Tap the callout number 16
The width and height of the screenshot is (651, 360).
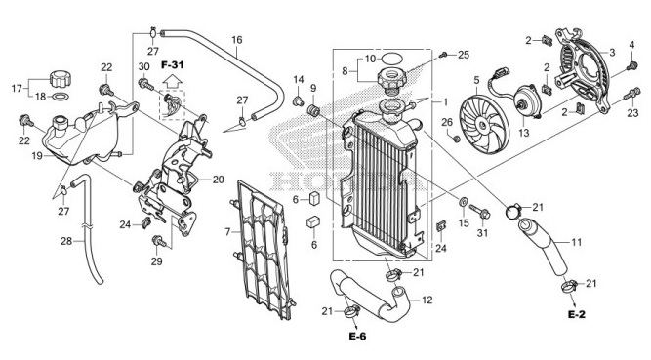236,40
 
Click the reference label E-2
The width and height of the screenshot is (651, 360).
576,316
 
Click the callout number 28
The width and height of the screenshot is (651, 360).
66,241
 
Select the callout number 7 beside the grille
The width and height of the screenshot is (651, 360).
227,231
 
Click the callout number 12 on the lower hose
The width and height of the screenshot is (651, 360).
427,301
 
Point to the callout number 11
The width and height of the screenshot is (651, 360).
577,241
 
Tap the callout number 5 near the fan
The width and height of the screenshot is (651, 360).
475,80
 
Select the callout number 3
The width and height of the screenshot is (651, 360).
612,52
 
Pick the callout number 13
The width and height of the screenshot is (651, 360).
523,132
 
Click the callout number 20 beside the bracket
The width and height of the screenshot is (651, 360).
218,180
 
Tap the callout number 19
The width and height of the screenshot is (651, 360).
35,156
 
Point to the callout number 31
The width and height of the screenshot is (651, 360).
481,231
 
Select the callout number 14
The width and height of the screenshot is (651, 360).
299,80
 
